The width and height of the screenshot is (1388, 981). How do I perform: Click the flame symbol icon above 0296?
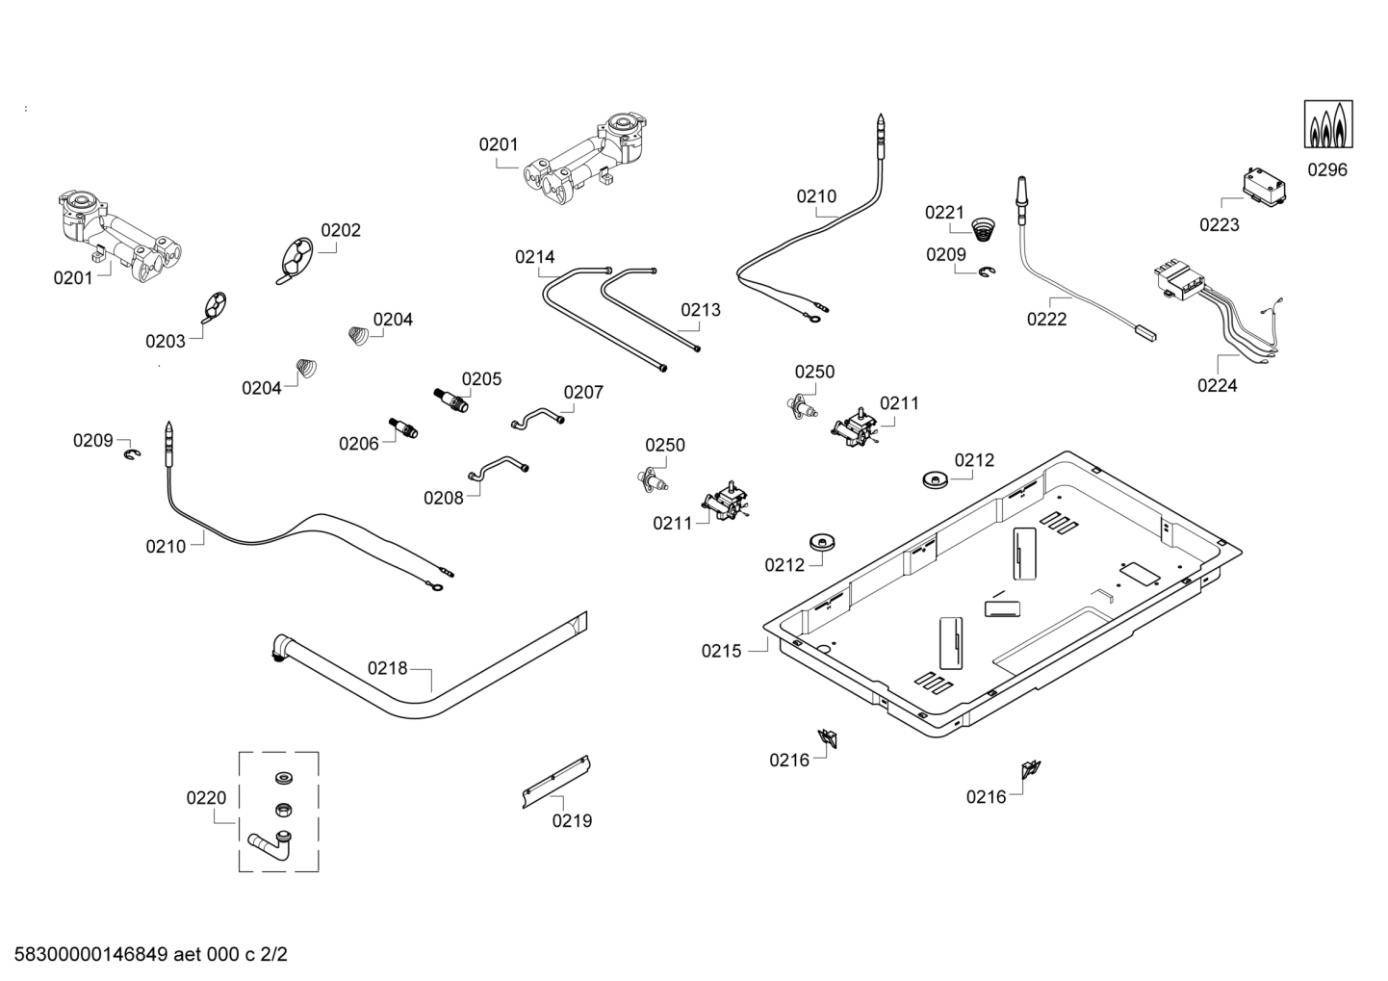(1328, 124)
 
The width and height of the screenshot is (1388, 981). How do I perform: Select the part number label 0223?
(1219, 225)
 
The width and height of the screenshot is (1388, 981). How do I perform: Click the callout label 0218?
(388, 668)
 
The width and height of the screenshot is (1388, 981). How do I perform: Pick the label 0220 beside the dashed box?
(206, 798)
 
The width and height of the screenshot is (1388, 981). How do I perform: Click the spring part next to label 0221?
(983, 229)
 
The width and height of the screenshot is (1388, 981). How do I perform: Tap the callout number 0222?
(1046, 320)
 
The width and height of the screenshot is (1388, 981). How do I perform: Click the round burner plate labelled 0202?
(296, 260)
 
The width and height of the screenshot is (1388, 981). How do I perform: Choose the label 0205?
(481, 379)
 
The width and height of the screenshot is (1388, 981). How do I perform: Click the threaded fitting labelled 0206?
(403, 427)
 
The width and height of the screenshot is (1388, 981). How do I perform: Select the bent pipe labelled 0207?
(536, 419)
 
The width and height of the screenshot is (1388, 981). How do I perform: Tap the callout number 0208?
(443, 498)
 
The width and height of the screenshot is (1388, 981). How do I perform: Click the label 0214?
(534, 257)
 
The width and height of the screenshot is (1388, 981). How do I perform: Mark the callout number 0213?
(700, 310)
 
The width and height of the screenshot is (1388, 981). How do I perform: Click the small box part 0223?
(1265, 186)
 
